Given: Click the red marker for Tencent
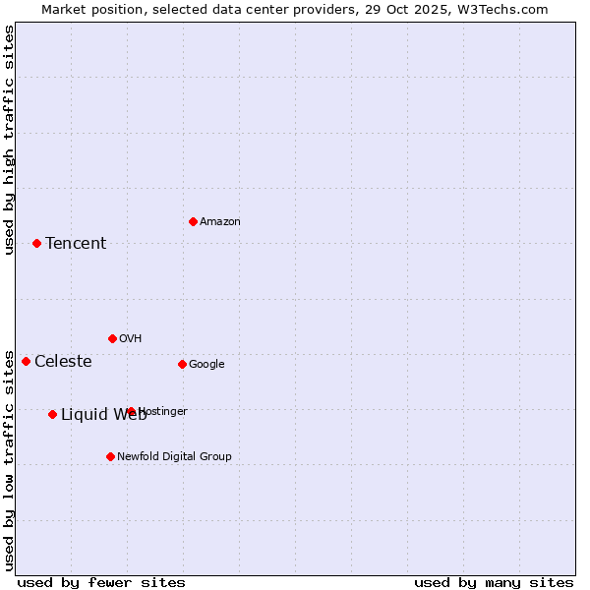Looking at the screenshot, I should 36,243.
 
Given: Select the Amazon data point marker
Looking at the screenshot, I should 193,221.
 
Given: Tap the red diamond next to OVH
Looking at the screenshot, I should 112,338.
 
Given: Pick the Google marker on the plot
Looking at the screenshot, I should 182,364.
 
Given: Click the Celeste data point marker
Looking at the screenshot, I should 26,361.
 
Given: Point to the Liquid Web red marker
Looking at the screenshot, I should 52,414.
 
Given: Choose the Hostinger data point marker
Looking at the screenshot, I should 131,411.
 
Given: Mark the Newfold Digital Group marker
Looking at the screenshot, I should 110,456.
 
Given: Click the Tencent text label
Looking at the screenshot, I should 76,244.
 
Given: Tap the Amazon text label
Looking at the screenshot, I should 220,222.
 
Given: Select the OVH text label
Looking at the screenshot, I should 131,339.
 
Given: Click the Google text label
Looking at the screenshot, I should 206,365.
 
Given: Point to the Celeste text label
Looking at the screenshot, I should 63,362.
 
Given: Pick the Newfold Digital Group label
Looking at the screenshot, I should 174,457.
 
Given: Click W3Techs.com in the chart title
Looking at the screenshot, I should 501,10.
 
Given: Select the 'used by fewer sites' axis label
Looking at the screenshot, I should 101,582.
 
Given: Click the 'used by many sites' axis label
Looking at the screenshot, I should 494,582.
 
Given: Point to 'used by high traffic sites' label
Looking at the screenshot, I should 10,140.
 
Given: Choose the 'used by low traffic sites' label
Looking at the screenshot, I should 10,459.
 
